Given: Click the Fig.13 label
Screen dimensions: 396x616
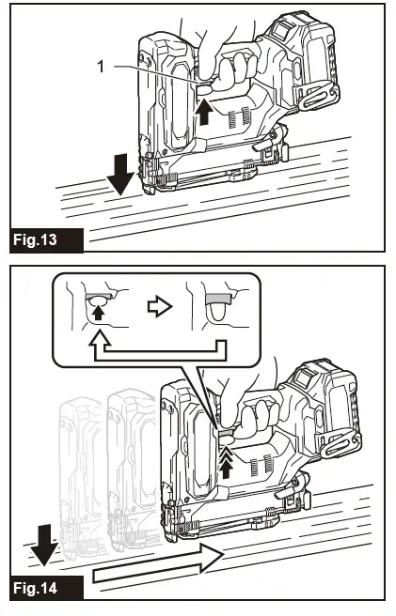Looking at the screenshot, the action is [x=35, y=239].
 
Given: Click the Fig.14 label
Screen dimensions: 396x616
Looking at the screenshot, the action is [x=35, y=588].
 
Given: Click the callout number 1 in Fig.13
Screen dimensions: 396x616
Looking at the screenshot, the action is [x=101, y=67].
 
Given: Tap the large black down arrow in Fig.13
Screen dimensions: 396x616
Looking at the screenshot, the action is [x=120, y=174].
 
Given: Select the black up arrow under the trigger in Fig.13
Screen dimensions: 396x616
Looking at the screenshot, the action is [x=204, y=112].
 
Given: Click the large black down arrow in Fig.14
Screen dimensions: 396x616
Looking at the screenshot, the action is [x=43, y=545].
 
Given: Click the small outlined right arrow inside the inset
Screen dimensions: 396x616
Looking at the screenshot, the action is [x=160, y=307].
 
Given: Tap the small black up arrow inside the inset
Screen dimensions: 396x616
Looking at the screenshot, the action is [x=98, y=313].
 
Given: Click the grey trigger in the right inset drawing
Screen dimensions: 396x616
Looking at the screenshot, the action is [x=217, y=299].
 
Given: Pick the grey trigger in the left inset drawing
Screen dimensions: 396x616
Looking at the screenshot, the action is [x=99, y=295].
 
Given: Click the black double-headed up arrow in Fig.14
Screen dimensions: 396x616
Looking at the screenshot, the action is [x=226, y=463].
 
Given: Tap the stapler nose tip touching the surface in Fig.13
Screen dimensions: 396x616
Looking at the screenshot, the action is [x=149, y=191].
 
